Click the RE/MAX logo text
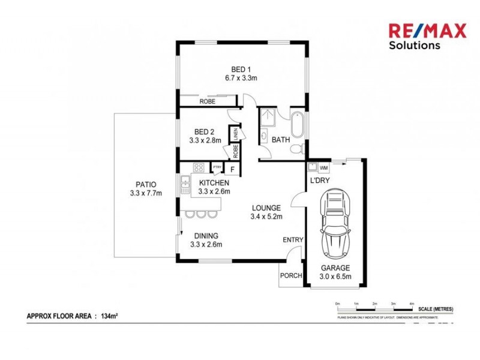427,31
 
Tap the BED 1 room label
241,69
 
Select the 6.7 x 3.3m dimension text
241,78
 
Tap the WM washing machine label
324,168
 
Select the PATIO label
146,185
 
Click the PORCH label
291,277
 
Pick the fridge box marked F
232,169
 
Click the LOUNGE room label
266,208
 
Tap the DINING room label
206,236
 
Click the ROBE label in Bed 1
208,102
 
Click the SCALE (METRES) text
436,308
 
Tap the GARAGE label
335,268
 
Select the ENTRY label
293,240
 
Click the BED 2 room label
204,132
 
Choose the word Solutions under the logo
414,45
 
